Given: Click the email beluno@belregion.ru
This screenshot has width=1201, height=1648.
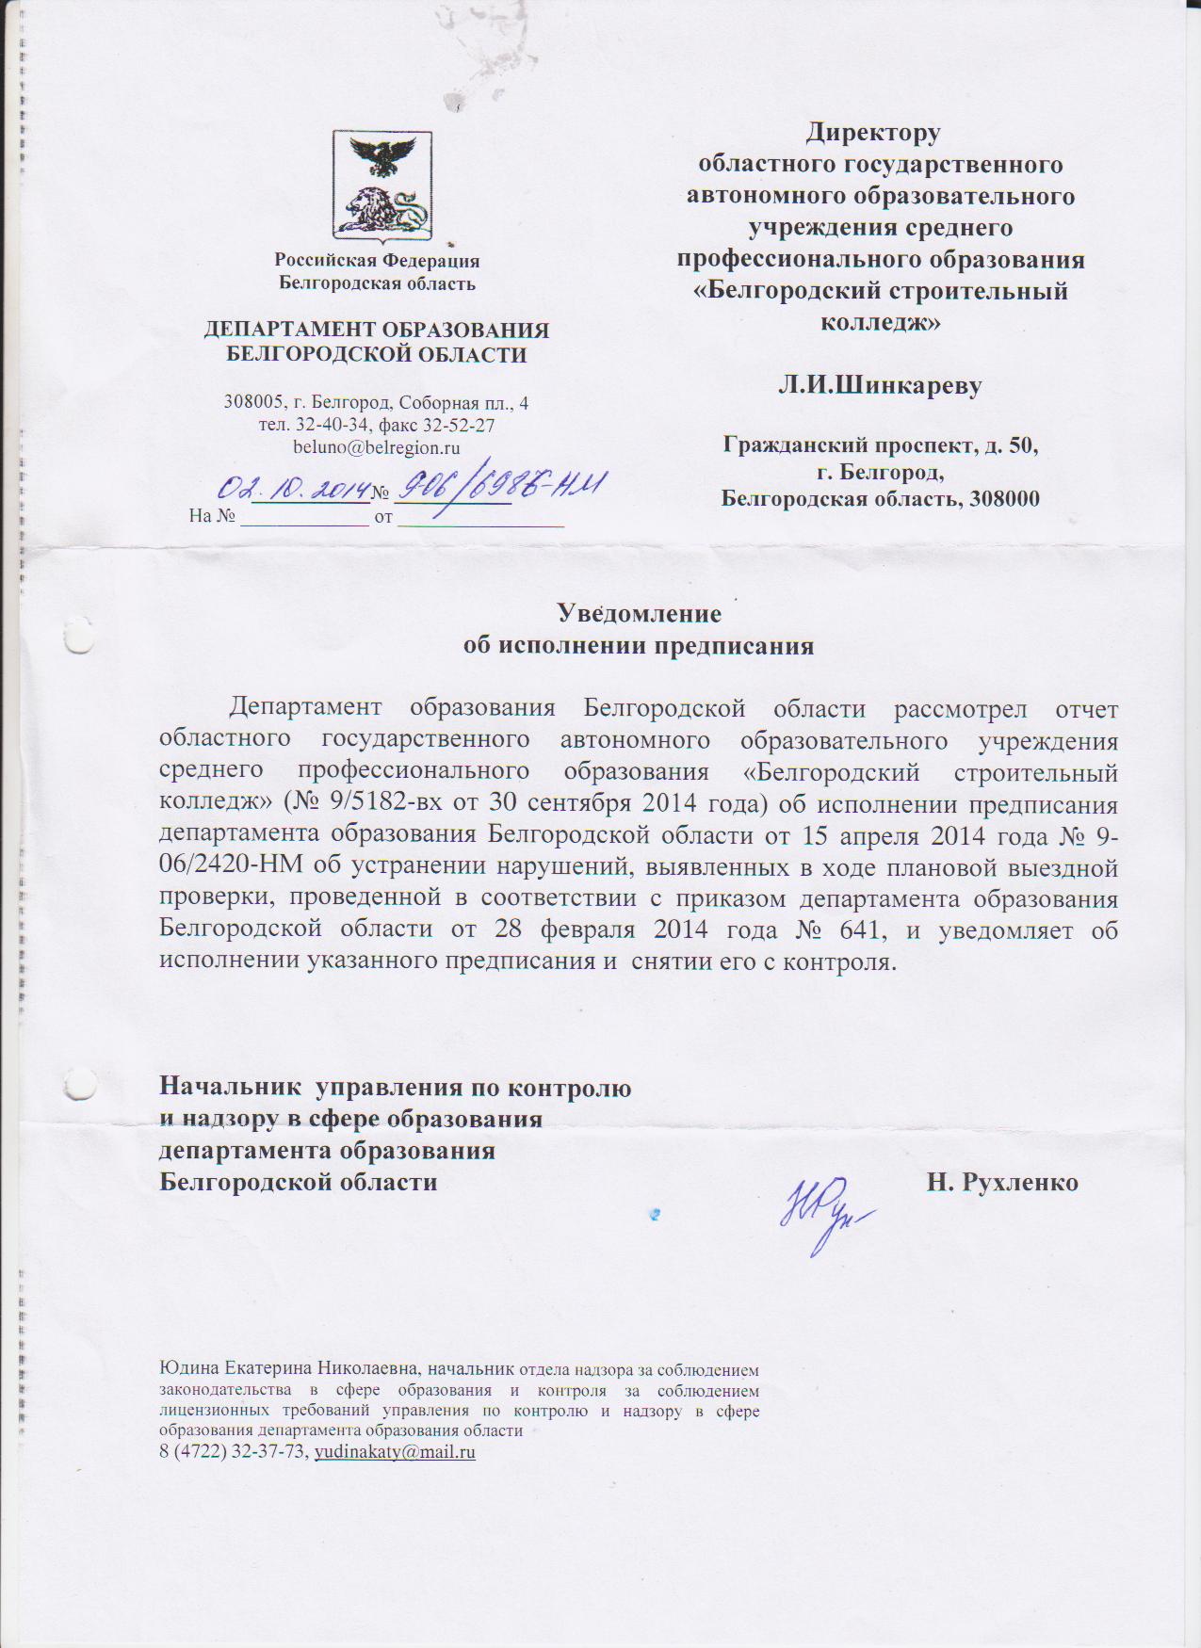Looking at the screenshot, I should [376, 447].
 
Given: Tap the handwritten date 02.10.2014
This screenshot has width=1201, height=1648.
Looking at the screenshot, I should [292, 487].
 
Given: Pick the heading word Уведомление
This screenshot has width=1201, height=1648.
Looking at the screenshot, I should [640, 614].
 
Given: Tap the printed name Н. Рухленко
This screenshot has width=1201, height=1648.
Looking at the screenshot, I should [1002, 1182].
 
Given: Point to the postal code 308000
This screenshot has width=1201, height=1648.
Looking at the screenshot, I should [1004, 499].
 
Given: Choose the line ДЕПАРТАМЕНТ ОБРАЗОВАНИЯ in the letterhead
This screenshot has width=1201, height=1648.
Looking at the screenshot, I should [377, 330].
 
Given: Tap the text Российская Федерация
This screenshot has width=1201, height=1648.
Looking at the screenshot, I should [377, 261].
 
